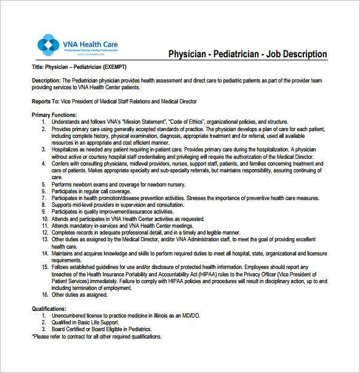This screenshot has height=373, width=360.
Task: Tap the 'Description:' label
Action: coord(46,81)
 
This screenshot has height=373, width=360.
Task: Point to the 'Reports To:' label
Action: coord(46,101)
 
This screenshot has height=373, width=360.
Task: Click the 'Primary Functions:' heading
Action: coord(54,115)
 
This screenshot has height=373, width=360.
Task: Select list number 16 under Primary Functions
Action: coord(44,295)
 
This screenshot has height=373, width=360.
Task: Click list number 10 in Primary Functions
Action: coord(44,219)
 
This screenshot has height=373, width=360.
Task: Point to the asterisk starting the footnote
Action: coord(33,337)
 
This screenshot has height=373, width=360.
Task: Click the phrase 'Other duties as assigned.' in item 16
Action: coord(79,295)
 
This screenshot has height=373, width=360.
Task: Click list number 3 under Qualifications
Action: coord(44,329)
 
